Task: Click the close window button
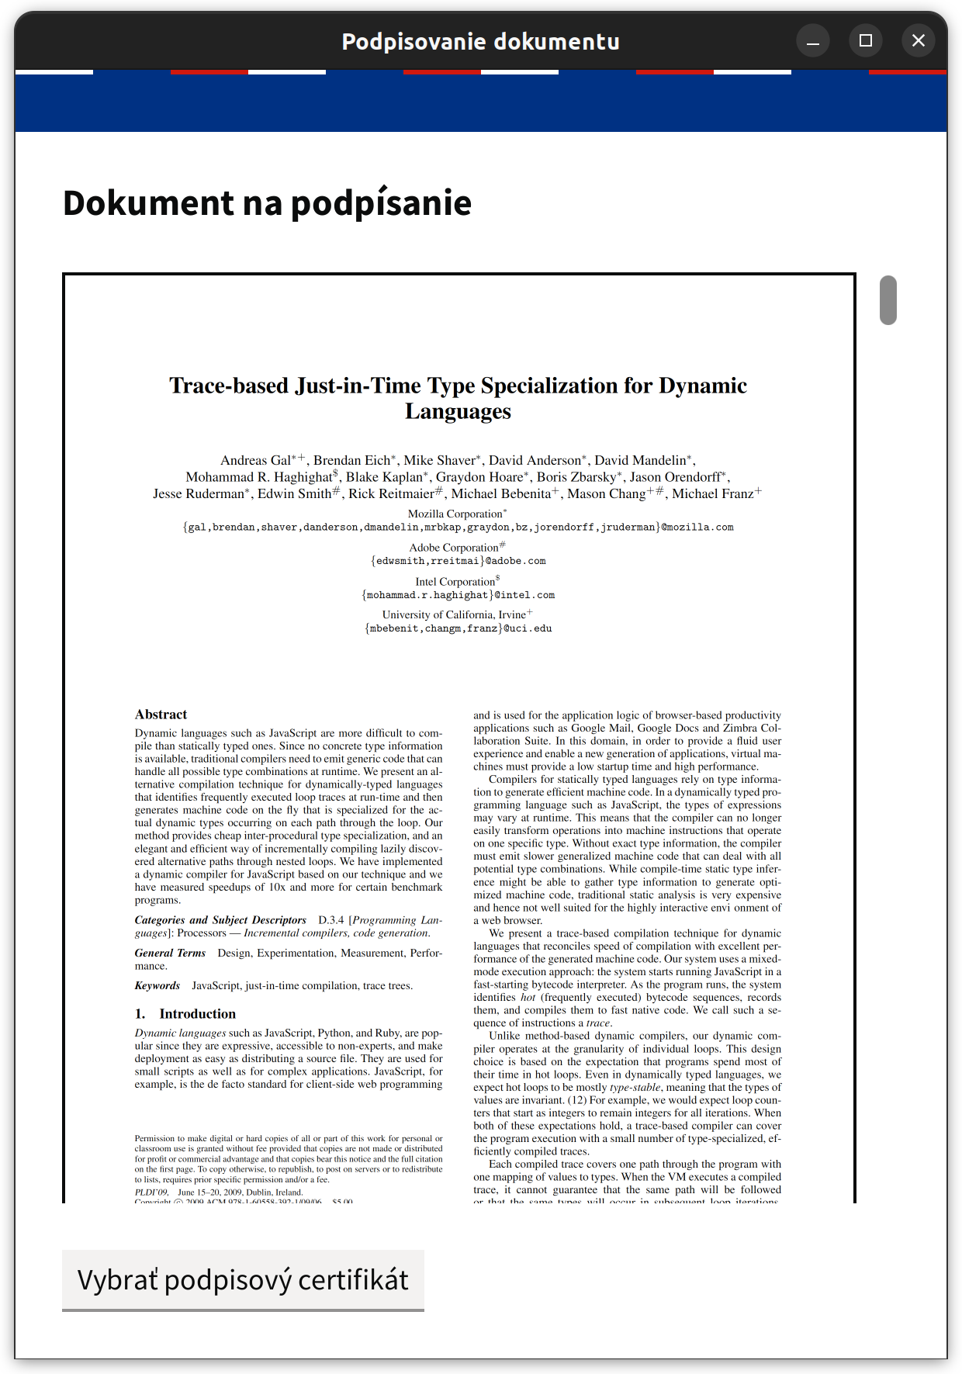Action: (x=919, y=41)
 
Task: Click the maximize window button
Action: (x=866, y=41)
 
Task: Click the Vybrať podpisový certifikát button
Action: (x=243, y=1279)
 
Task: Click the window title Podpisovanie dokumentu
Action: (x=480, y=41)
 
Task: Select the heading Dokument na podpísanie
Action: (x=267, y=203)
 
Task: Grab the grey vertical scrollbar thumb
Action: (x=888, y=299)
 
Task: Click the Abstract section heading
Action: (x=161, y=715)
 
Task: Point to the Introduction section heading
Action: (x=197, y=1014)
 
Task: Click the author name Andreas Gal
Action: (x=255, y=461)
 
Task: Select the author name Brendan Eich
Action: (x=351, y=461)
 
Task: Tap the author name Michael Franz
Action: (x=713, y=494)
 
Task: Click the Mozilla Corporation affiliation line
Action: (x=455, y=514)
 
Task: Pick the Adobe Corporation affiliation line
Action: (x=455, y=548)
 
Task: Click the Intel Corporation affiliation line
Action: (x=455, y=582)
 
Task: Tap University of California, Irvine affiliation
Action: (x=455, y=615)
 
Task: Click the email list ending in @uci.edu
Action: (x=458, y=628)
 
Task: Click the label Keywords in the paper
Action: (x=157, y=986)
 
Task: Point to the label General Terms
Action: (x=170, y=953)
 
